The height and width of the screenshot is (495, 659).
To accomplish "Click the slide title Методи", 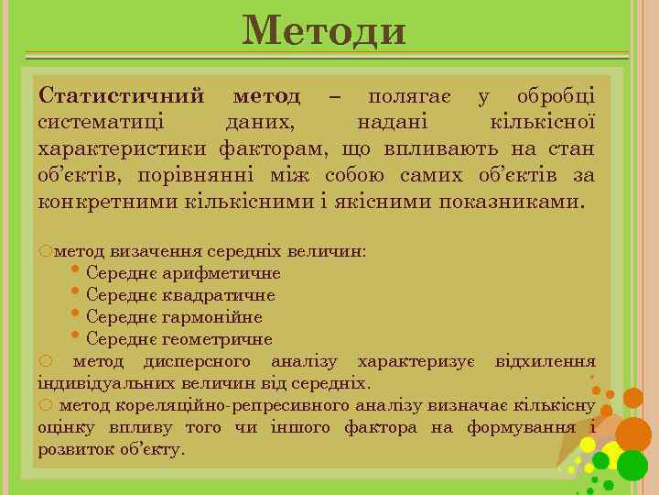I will pos(324,30).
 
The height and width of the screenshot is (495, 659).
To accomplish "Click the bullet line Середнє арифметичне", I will pos(183,273).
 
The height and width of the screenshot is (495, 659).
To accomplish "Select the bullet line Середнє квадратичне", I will pos(180,295).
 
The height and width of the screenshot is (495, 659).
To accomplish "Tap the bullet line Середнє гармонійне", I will pos(174,317).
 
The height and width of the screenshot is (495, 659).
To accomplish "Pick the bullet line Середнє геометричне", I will pos(179,339).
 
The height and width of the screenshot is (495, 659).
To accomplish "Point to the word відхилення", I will pos(545,362).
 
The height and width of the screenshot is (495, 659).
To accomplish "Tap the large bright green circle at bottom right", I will pos(632,466).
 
